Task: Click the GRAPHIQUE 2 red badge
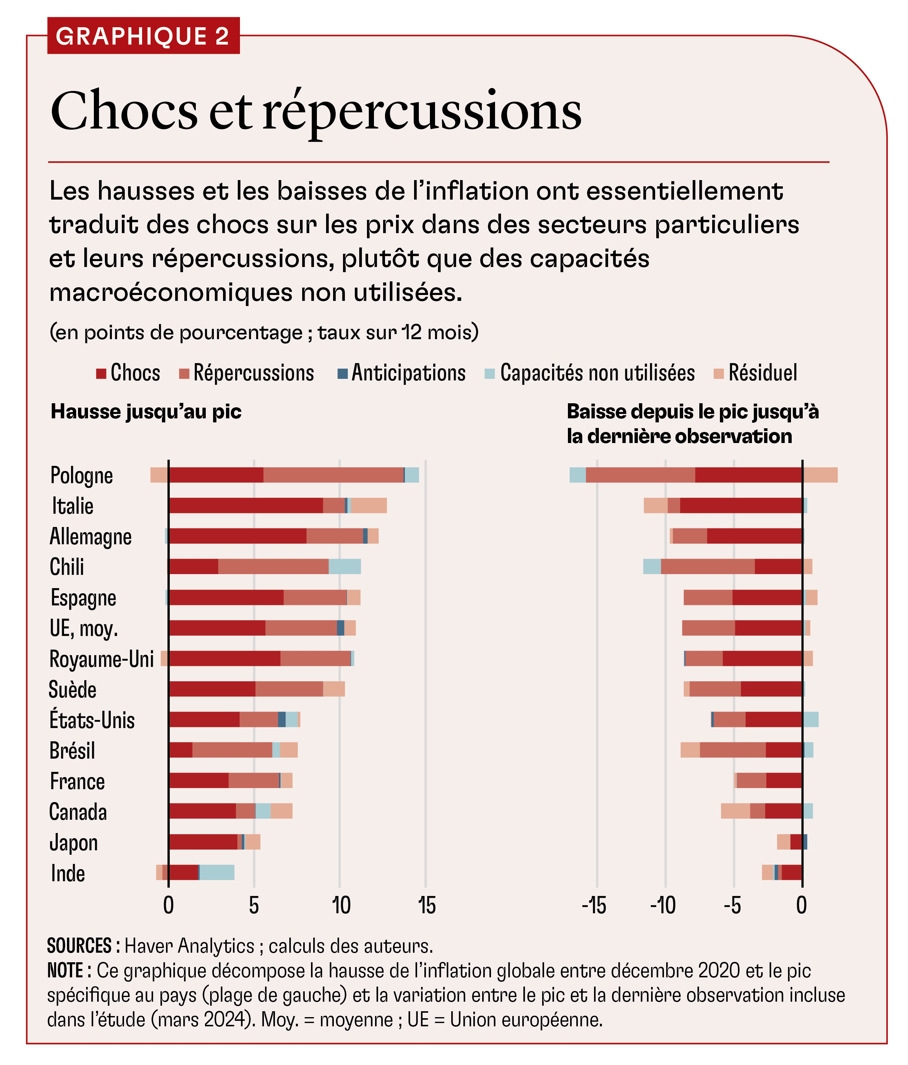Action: [x=143, y=36]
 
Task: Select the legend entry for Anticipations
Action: [x=402, y=373]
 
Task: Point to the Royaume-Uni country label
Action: [x=101, y=659]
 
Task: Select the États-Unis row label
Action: [x=92, y=720]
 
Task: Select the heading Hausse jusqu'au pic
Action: [x=146, y=412]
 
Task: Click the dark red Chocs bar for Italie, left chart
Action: [x=246, y=506]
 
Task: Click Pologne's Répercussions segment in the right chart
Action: [x=640, y=475]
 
